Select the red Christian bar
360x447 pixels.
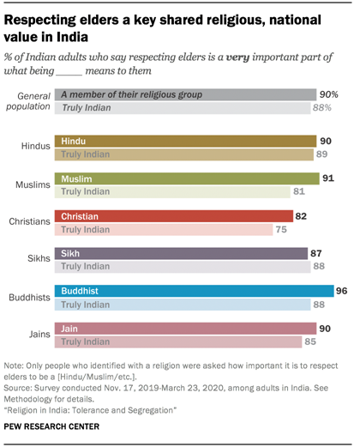171,216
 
